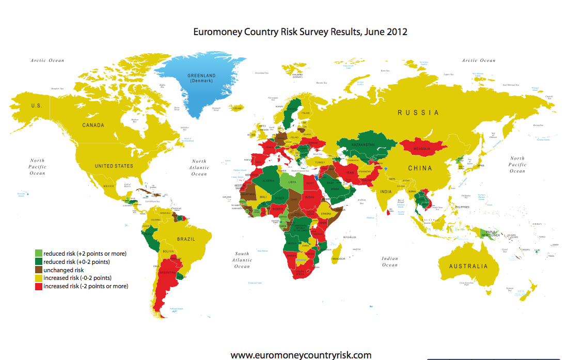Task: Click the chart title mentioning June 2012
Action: pyautogui.click(x=300, y=32)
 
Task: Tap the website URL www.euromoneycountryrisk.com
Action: pyautogui.click(x=301, y=355)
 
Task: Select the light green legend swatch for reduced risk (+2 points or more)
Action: pyautogui.click(x=39, y=253)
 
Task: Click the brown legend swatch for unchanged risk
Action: pyautogui.click(x=39, y=270)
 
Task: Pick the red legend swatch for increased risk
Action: pyautogui.click(x=39, y=286)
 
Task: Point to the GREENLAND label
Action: pyautogui.click(x=202, y=76)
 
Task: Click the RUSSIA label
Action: pyautogui.click(x=418, y=113)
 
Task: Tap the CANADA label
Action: pyautogui.click(x=93, y=125)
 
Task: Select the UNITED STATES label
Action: pyautogui.click(x=114, y=166)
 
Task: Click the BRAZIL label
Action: pyautogui.click(x=186, y=239)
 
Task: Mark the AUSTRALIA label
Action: pyautogui.click(x=468, y=267)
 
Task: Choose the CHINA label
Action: pyautogui.click(x=420, y=168)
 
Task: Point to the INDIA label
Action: pyautogui.click(x=385, y=193)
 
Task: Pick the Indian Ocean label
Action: pyautogui.click(x=390, y=261)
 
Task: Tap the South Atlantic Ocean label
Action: pyautogui.click(x=242, y=260)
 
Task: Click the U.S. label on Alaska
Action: pyautogui.click(x=36, y=105)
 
